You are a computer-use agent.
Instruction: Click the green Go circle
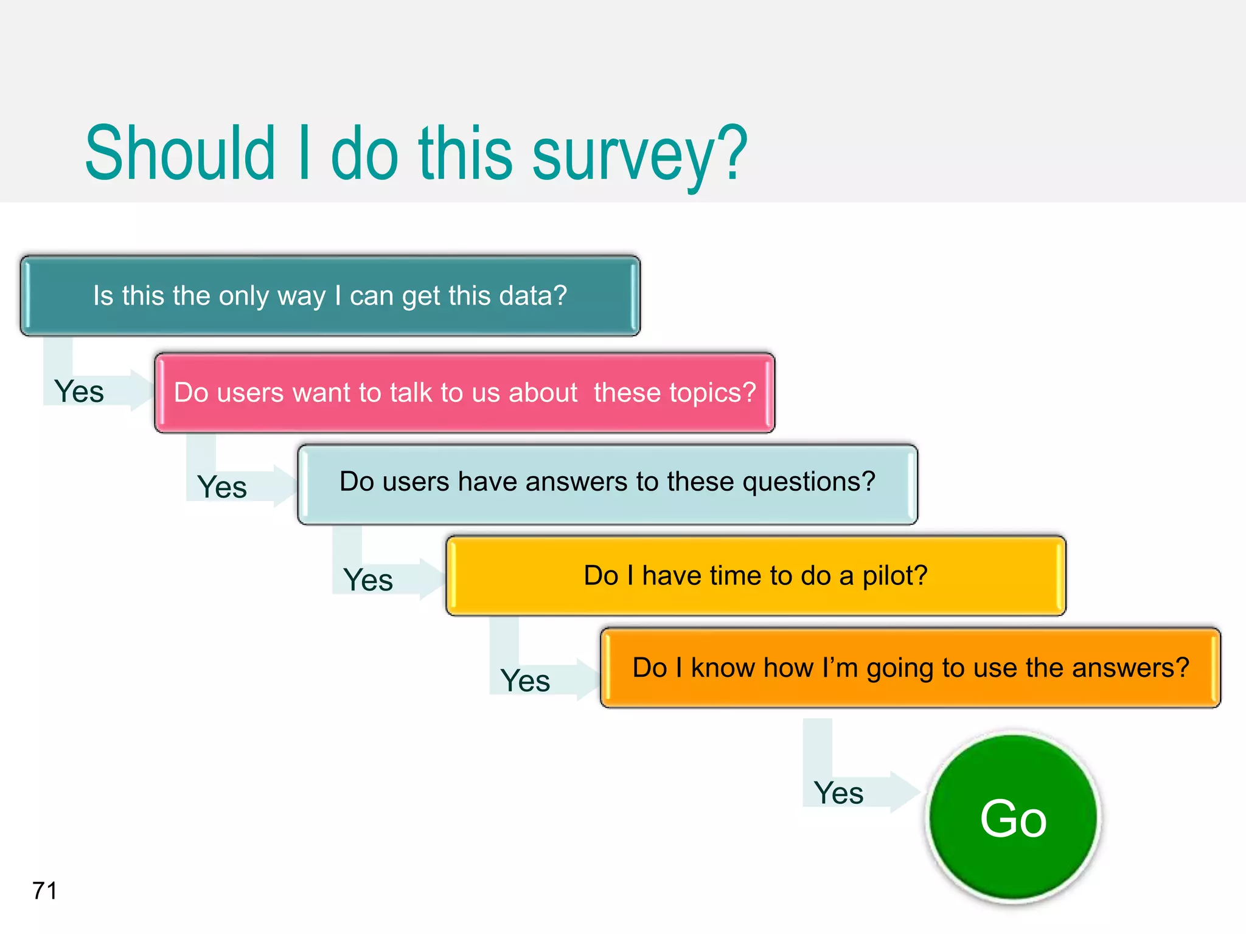(x=1014, y=817)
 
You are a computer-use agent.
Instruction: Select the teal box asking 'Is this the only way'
(x=330, y=296)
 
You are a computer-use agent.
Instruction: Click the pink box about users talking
(x=464, y=393)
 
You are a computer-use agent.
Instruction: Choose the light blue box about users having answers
(x=607, y=483)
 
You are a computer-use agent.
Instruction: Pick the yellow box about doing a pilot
(x=756, y=575)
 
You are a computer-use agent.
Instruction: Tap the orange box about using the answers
(x=910, y=668)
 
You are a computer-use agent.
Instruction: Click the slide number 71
(x=44, y=891)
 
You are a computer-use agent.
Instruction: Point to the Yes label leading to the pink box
(x=79, y=391)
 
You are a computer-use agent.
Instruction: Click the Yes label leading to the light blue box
(x=222, y=487)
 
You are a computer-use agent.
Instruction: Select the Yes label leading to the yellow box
(x=368, y=579)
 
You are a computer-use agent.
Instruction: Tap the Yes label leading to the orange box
(x=525, y=680)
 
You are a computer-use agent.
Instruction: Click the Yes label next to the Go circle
(x=838, y=793)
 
